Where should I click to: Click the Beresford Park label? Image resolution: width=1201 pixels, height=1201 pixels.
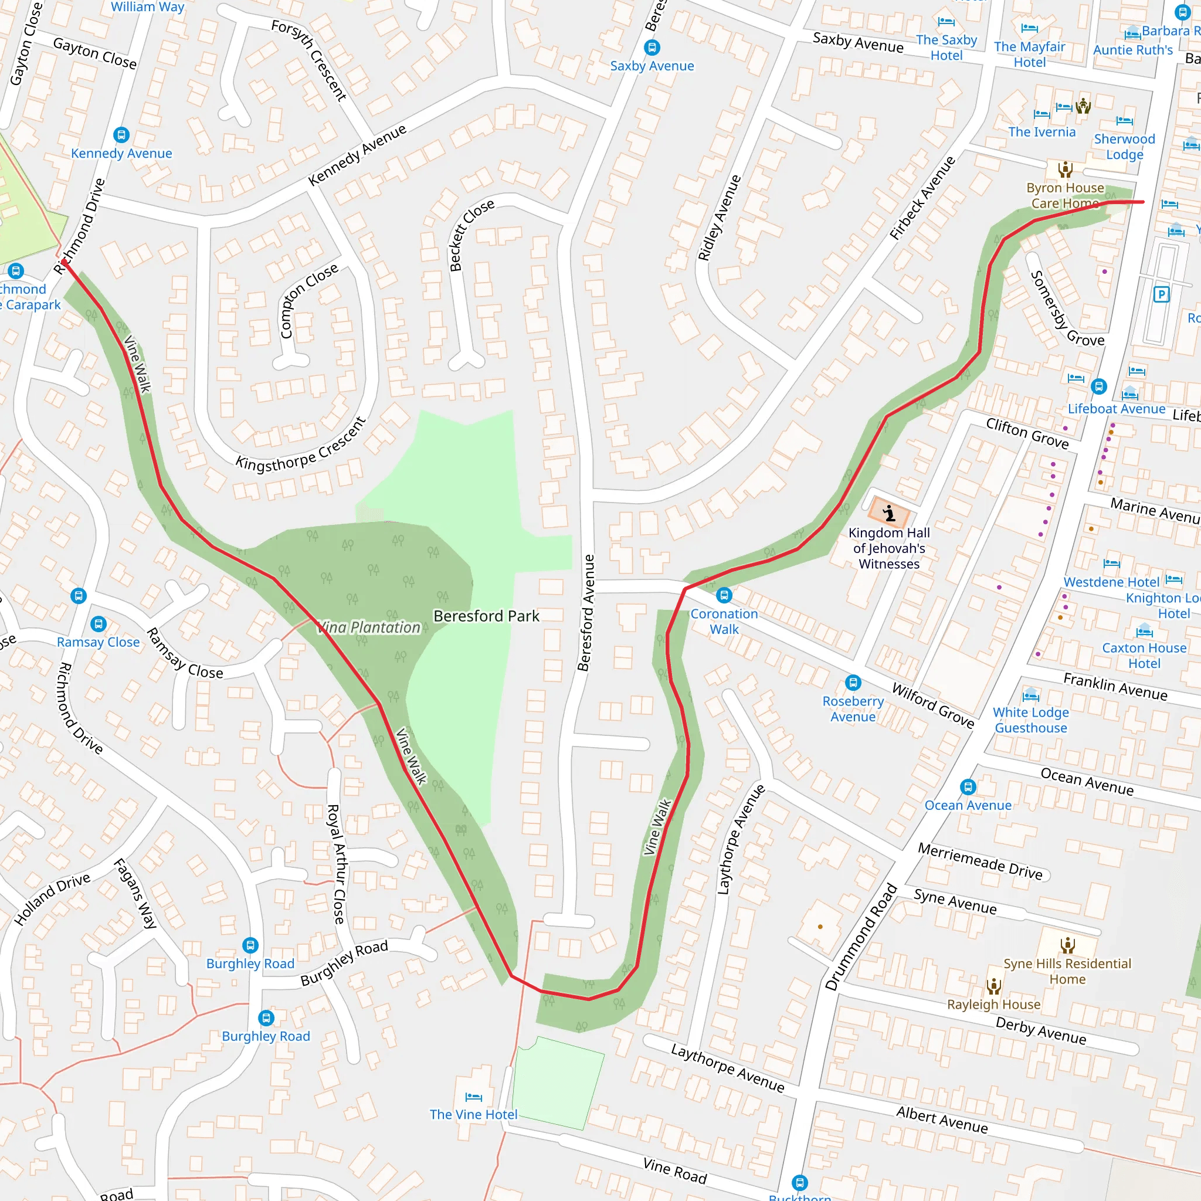[x=486, y=616]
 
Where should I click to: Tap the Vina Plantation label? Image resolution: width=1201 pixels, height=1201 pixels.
[x=368, y=628]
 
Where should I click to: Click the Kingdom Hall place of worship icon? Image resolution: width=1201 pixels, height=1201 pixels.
[x=890, y=514]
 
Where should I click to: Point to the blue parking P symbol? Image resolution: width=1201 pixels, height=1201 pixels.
[x=1161, y=294]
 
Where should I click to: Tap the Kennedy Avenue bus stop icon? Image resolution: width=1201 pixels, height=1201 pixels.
[x=121, y=135]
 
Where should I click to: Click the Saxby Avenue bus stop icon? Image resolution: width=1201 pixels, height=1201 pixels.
[x=652, y=48]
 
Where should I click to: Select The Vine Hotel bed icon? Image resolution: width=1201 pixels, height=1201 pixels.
[x=474, y=1097]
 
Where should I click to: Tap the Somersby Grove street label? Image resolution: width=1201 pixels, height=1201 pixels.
[x=1066, y=309]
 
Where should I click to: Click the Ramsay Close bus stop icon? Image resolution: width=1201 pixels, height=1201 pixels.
[x=98, y=623]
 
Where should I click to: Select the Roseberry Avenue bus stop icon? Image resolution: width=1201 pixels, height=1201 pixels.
[x=853, y=683]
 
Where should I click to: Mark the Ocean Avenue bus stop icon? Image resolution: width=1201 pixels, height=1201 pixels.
[x=967, y=787]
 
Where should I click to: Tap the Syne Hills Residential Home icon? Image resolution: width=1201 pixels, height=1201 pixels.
[x=1067, y=946]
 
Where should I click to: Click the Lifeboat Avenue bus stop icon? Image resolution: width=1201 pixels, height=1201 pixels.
[x=1098, y=386]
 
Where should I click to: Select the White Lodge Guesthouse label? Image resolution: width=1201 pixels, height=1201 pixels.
[x=1031, y=720]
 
